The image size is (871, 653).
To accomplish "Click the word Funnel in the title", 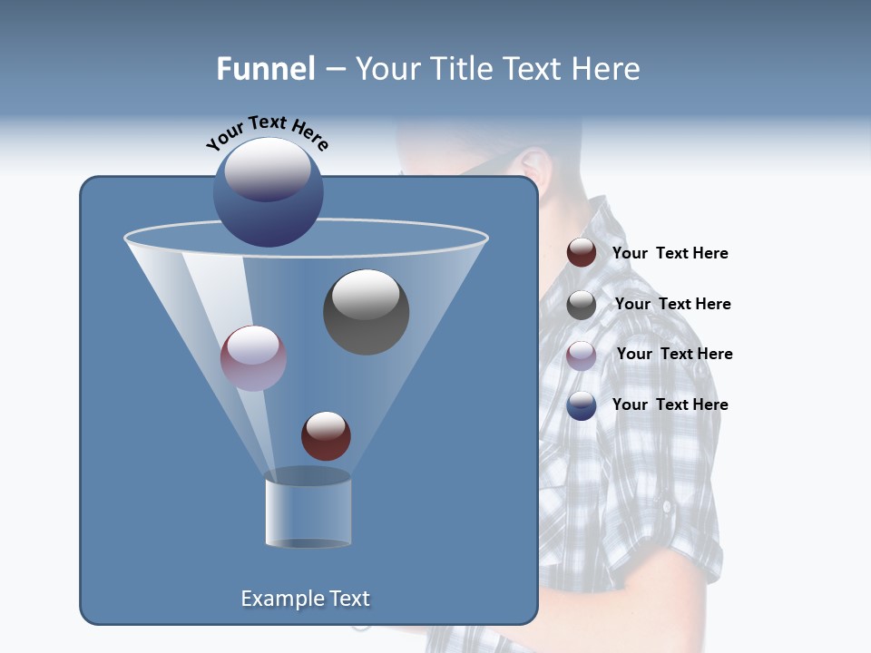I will tap(265, 69).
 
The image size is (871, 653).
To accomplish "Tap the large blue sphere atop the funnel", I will tap(268, 191).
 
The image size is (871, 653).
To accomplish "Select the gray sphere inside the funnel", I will tap(366, 311).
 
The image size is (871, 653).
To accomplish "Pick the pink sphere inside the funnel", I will tap(253, 358).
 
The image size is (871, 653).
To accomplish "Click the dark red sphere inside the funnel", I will tap(326, 435).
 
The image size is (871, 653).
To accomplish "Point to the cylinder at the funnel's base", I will tap(308, 510).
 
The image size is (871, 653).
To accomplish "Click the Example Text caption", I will tap(305, 599).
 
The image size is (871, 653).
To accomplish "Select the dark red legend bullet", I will tap(581, 253).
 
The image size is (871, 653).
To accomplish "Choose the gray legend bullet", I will tap(581, 305).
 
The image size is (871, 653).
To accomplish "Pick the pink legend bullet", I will tap(581, 356).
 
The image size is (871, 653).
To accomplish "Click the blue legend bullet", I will tap(581, 405).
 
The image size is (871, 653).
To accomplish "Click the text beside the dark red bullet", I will tap(670, 254).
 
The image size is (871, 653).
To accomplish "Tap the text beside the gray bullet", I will tap(672, 305).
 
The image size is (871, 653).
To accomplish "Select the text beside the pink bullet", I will tap(674, 355).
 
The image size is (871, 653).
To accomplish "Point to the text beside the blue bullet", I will tap(670, 405).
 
